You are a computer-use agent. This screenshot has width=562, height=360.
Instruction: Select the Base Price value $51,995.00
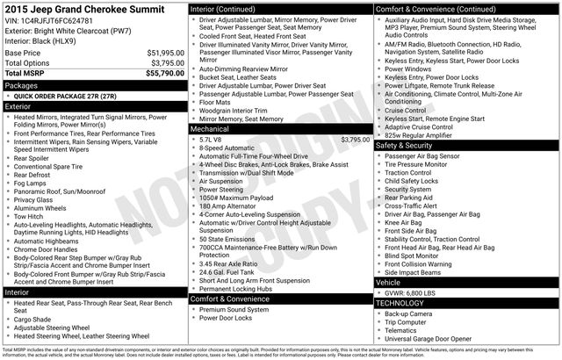coord(159,53)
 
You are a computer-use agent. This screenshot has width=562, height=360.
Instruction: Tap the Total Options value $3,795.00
coord(162,62)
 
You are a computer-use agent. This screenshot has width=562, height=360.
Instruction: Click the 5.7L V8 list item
coord(214,139)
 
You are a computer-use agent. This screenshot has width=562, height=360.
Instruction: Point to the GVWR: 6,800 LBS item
coord(417,293)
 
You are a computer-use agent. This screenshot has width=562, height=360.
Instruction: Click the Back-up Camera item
coord(408,313)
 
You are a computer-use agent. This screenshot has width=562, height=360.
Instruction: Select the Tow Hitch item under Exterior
coord(30,216)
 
